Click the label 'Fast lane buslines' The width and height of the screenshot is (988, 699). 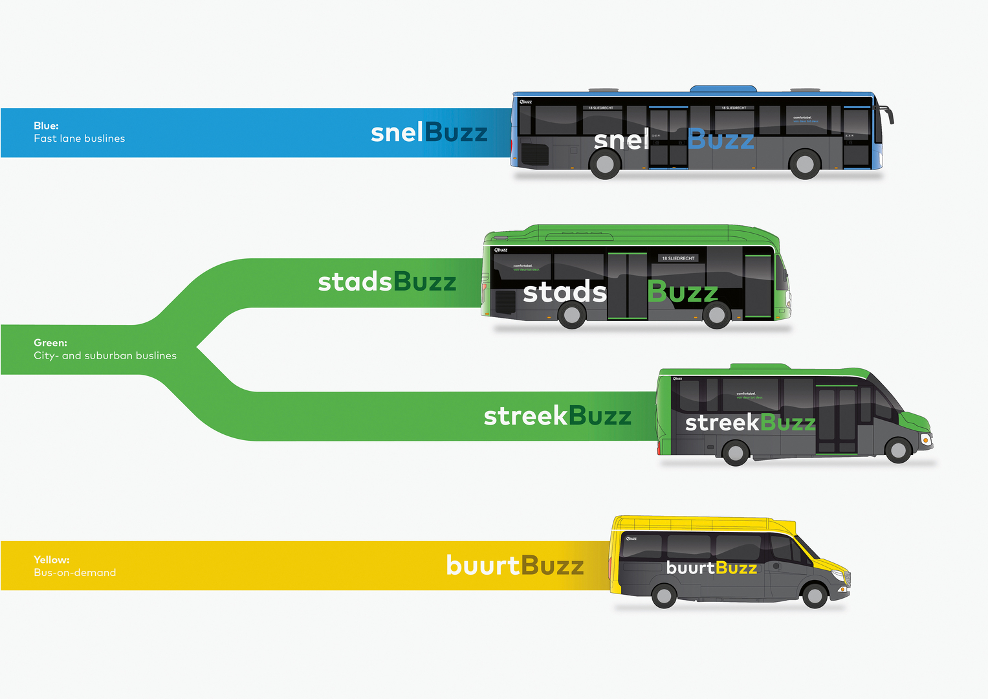click(x=79, y=139)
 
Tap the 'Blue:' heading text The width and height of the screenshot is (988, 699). click(x=46, y=126)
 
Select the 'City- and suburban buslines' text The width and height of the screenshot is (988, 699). click(x=105, y=355)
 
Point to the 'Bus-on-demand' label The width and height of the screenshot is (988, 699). click(x=75, y=572)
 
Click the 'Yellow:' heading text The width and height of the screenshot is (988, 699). click(x=52, y=559)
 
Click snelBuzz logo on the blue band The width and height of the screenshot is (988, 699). click(x=429, y=133)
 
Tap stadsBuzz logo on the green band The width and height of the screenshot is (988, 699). click(x=387, y=282)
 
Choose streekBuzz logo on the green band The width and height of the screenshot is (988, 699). click(x=557, y=416)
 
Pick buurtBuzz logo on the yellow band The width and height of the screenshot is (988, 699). click(x=515, y=566)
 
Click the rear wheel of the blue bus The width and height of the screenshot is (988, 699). click(x=605, y=164)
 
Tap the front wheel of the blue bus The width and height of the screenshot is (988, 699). click(x=805, y=164)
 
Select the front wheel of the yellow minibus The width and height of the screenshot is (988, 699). click(x=815, y=595)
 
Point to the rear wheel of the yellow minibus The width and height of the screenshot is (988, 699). click(x=664, y=595)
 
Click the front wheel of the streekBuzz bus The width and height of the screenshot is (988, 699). click(x=898, y=450)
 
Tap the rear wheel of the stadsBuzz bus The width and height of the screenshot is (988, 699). click(x=572, y=315)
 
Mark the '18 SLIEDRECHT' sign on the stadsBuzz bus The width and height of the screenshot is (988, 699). click(x=677, y=258)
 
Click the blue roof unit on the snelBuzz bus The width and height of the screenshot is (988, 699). click(x=723, y=89)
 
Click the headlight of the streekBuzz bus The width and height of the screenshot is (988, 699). click(x=927, y=439)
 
